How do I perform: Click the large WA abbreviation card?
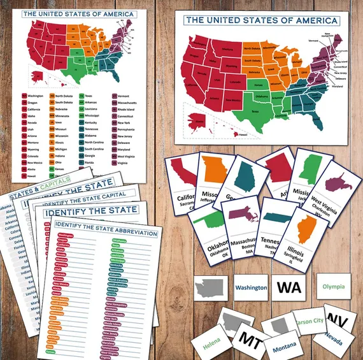pyautogui.click(x=288, y=287)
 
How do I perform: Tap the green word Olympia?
pyautogui.click(x=334, y=287)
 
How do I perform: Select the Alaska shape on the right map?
pyautogui.click(x=199, y=120)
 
